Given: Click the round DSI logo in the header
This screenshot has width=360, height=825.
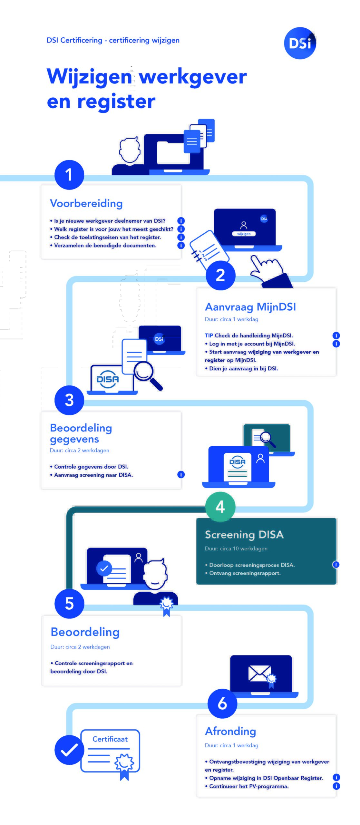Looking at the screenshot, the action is coord(300,43).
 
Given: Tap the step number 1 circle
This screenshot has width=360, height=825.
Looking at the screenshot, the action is coord(69,175).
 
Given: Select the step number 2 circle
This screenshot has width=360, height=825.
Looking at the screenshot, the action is coord(220,275).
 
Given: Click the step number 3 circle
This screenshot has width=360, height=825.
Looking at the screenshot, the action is coord(69,400).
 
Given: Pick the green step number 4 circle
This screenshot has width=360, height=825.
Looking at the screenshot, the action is coord(220,507).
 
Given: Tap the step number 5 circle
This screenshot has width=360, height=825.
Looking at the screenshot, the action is coord(69,604).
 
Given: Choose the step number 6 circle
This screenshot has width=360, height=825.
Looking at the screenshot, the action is coord(222,704).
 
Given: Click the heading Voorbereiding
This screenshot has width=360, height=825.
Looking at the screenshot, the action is coord(86,203).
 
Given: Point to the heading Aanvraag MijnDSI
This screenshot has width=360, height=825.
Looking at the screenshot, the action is coord(250,307).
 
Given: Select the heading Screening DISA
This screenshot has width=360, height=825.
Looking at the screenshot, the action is coord(244,535).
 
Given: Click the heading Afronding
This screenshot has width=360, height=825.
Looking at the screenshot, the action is coord(230,731).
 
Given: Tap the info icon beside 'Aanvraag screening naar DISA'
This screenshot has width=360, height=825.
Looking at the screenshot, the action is coord(181,474).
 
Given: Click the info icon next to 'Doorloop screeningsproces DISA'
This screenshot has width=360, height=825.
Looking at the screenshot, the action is coord(336,565).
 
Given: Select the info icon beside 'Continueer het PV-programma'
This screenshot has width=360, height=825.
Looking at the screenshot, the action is coord(336,786).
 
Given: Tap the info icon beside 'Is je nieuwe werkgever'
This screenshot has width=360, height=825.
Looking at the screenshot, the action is coord(181,221).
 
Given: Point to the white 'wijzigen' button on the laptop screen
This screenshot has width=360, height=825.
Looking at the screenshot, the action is coord(244,234).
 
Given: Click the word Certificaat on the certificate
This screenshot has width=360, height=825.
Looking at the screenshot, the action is coord(110,739).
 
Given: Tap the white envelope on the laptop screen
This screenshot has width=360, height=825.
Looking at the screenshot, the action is coord(259,674).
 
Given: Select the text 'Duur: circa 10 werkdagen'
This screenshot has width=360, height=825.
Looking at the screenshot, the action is coord(236,548).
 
